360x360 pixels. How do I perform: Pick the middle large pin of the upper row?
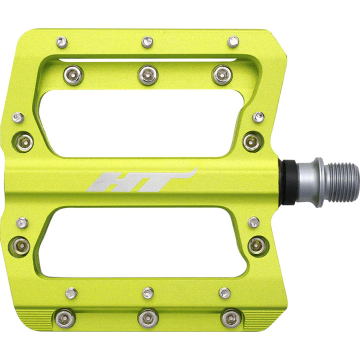148,75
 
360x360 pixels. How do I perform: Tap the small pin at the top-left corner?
61,42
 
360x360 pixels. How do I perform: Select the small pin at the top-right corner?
233,41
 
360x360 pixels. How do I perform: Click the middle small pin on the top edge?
147,41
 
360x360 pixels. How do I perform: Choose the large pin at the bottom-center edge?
148,317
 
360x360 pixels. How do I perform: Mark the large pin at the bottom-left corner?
65,318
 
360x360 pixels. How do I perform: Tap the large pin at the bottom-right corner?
230,317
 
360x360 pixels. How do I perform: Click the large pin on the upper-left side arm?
24,142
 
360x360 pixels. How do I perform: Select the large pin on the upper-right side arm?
252,141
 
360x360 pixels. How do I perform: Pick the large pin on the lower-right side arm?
257,245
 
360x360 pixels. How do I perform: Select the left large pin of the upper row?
73,75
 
